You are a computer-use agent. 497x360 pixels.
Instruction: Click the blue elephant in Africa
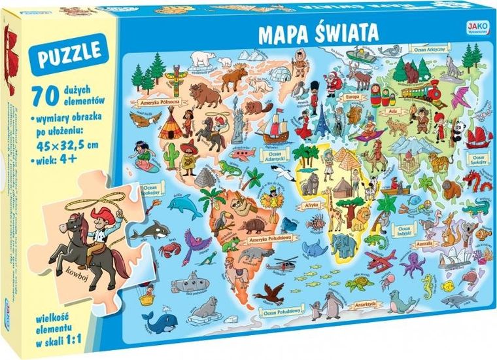tap(343, 245)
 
